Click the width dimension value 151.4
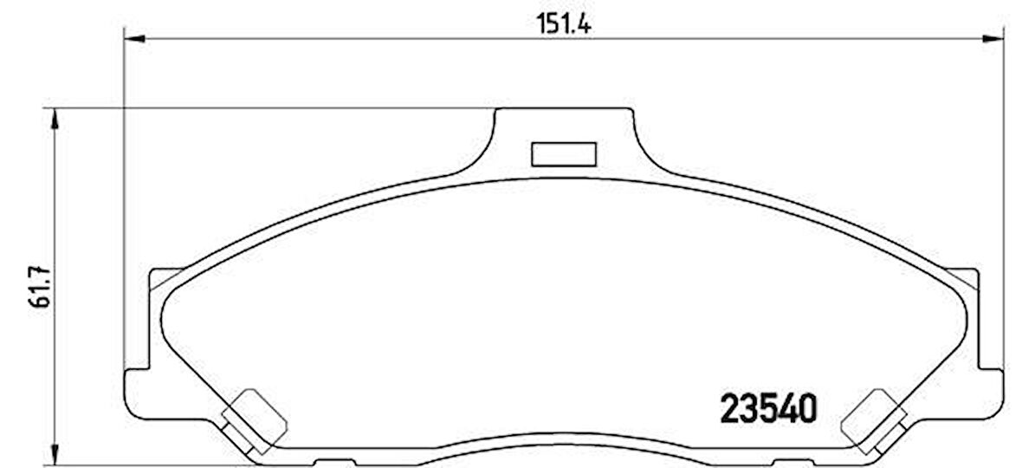click(564, 25)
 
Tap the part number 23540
click(768, 408)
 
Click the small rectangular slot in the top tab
click(563, 153)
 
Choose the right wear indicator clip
click(873, 421)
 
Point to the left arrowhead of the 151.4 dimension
click(133, 39)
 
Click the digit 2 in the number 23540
click(730, 408)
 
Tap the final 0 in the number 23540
click(805, 408)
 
